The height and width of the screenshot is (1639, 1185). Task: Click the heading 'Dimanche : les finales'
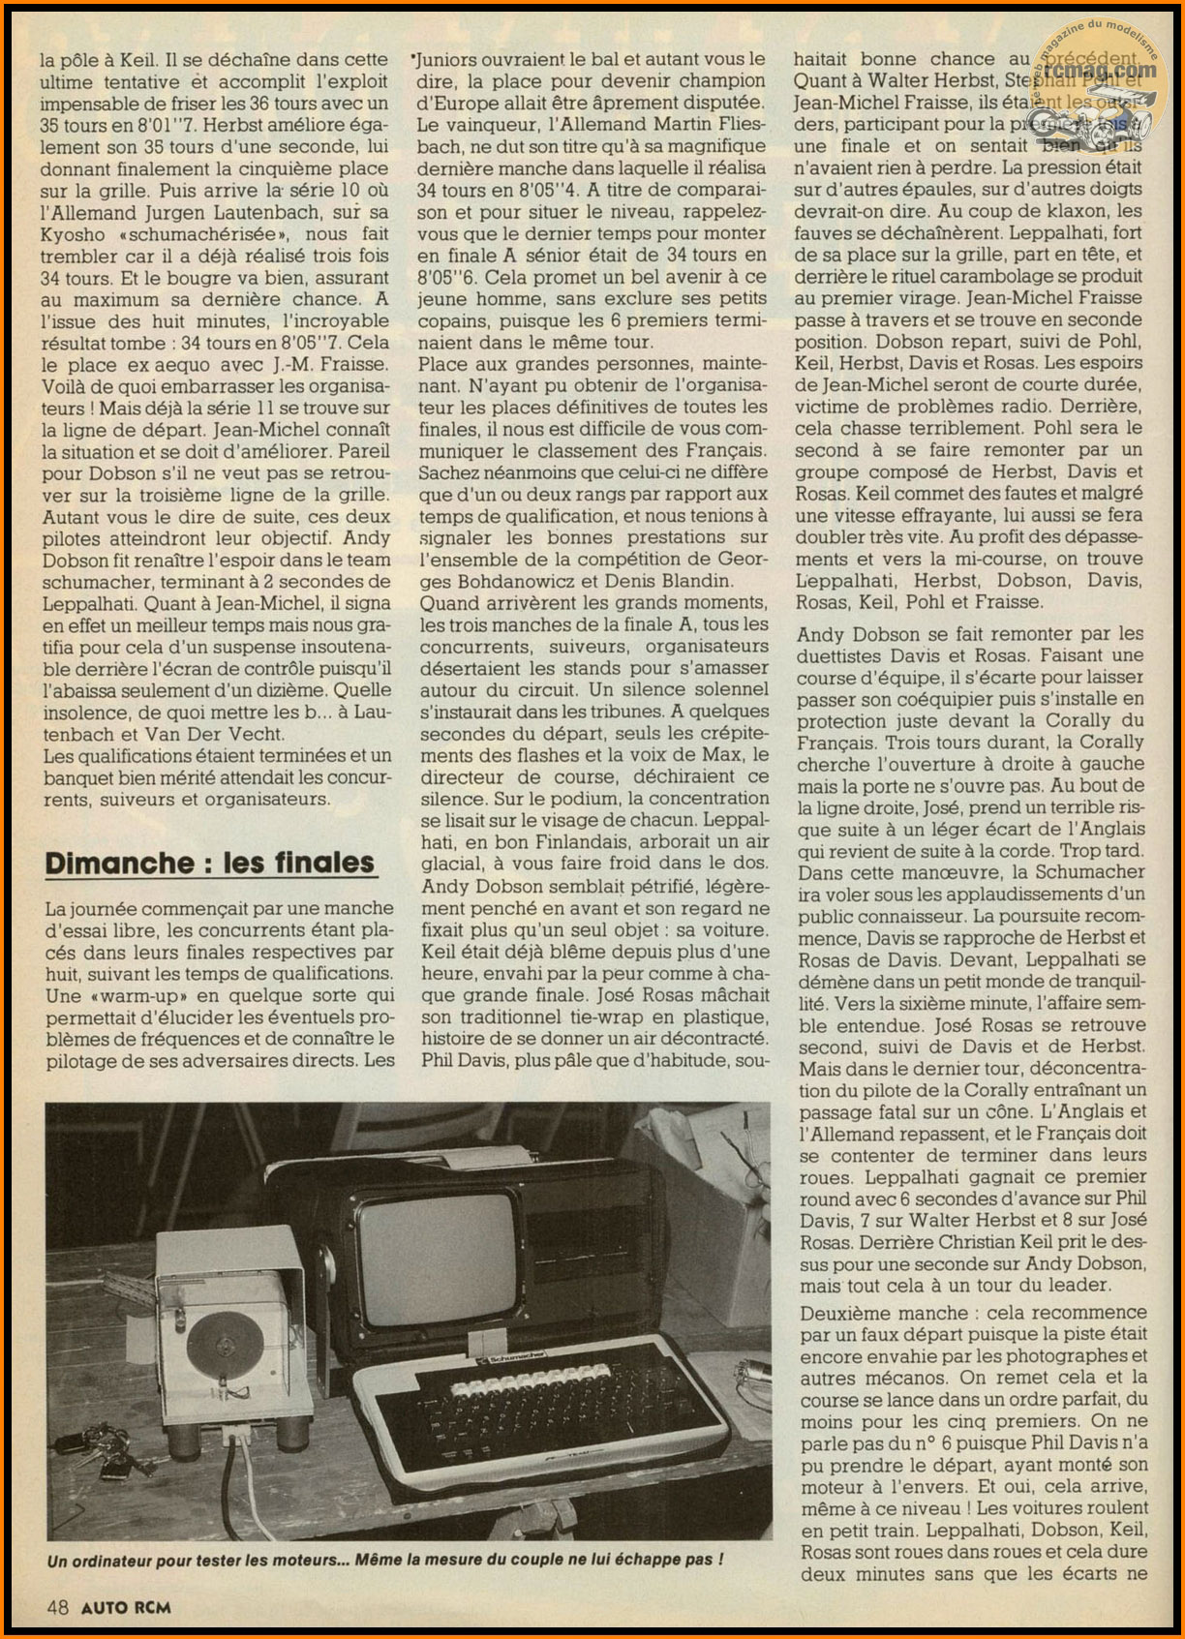point(209,863)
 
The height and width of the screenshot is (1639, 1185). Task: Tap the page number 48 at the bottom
point(57,1607)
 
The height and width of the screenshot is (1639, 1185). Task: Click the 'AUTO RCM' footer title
point(126,1607)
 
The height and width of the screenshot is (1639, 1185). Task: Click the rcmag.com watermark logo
point(1102,77)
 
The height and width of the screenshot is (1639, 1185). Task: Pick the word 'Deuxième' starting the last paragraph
point(836,1314)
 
